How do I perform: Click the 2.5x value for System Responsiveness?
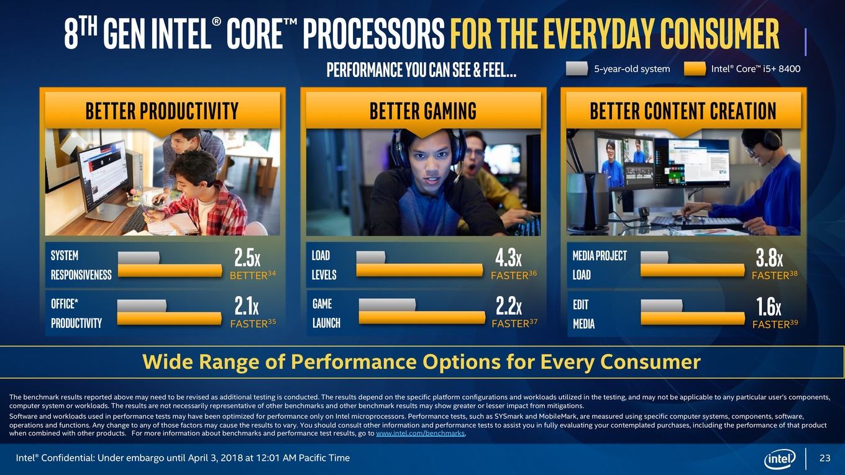[247, 258]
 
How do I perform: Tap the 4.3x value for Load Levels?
[508, 258]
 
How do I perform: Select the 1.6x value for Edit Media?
[769, 307]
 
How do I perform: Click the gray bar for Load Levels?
[371, 258]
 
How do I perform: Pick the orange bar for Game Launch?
[422, 318]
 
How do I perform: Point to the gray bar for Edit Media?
[662, 305]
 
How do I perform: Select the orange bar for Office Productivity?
[170, 319]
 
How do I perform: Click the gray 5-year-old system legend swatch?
[577, 68]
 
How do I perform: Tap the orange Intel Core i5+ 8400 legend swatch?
[695, 68]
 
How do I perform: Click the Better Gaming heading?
[423, 111]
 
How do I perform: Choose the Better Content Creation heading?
[683, 111]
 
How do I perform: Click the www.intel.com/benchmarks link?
[420, 433]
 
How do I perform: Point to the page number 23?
[825, 458]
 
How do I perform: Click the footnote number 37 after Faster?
[533, 322]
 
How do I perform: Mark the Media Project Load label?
[600, 265]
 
